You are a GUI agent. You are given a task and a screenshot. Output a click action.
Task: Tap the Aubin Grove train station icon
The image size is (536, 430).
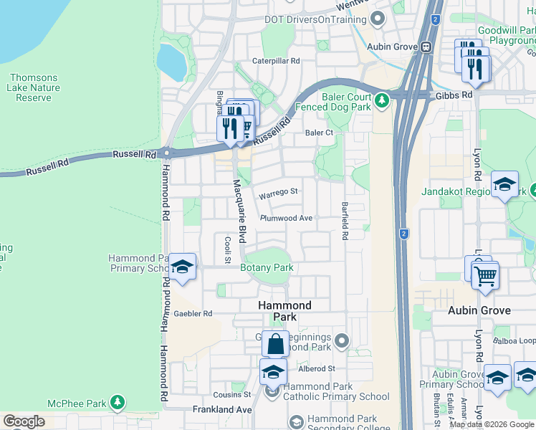tap(426, 47)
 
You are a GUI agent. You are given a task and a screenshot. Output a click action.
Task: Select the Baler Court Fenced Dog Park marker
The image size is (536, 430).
tap(383, 99)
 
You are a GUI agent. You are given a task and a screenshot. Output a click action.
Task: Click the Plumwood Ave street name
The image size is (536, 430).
tap(287, 218)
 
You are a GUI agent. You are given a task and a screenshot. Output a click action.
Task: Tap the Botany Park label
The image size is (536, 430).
tap(267, 268)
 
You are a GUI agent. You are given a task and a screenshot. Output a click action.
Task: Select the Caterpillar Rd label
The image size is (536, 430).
tap(276, 62)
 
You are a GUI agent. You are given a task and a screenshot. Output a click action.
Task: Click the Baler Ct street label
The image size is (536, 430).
tap(319, 133)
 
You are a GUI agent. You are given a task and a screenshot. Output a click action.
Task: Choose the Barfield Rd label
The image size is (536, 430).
tap(345, 220)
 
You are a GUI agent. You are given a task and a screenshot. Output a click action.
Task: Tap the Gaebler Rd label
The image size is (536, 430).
tap(193, 314)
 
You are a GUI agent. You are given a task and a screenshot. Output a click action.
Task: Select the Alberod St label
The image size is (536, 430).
tap(317, 368)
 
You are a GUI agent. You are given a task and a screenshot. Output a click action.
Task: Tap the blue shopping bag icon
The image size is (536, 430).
tap(275, 344)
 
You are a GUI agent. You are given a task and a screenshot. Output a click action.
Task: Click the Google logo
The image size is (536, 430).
tap(24, 421)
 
